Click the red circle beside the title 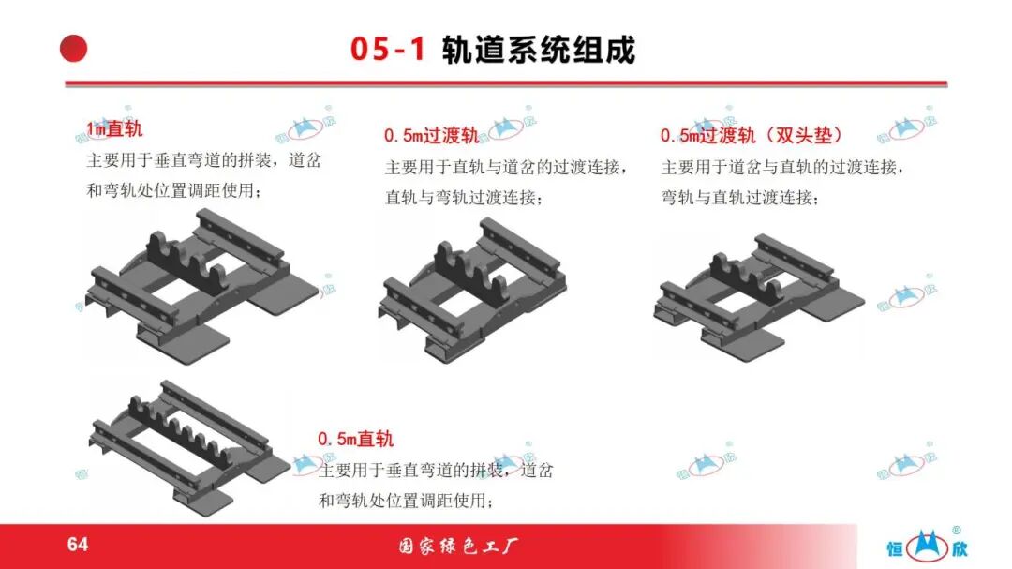pos(74,49)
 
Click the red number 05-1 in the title pos(388,49)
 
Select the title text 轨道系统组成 pos(539,50)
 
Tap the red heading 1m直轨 pos(115,129)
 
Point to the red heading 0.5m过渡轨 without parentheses pos(431,136)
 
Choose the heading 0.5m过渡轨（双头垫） pos(752,136)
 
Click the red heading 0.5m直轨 pos(356,440)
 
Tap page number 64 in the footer pos(78,544)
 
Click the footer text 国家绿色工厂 pos(458,547)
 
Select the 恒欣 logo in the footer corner pos(927,546)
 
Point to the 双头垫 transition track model pos(758,297)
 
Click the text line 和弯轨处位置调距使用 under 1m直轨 pos(175,191)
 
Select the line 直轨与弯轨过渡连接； pos(464,198)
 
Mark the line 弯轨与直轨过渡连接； pos(740,198)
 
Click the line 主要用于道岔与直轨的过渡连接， pos(782,167)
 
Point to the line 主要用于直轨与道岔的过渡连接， pos(507,167)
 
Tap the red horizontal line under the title pos(506,84)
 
